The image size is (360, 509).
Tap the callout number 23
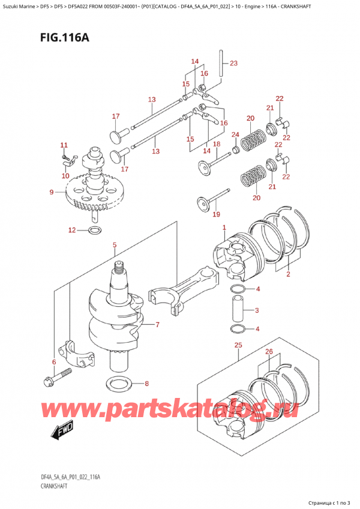point(233,63)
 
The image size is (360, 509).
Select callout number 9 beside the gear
point(52,192)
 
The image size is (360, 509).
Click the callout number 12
point(71,230)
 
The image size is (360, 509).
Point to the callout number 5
point(115,245)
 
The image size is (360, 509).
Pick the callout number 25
point(238,345)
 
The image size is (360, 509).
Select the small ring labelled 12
point(95,230)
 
